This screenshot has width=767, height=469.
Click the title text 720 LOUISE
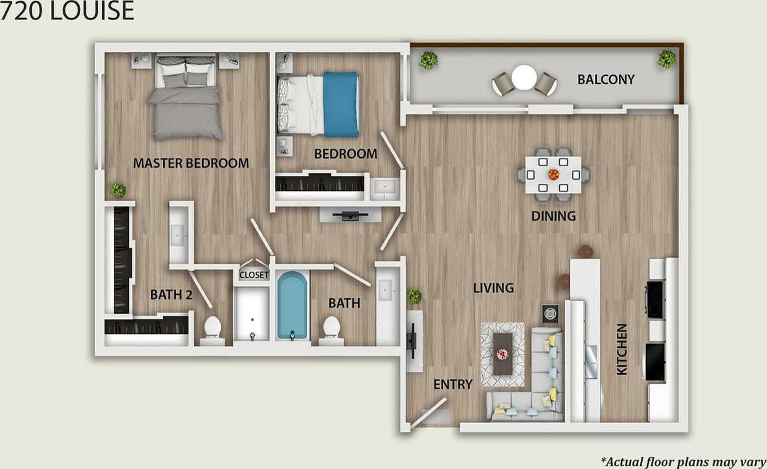67,11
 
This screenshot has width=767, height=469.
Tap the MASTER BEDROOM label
191,163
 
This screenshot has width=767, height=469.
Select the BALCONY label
606,80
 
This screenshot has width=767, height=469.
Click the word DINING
553,216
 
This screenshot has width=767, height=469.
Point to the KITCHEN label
621,349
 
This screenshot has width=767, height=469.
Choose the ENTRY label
453,384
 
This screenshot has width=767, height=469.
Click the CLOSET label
254,275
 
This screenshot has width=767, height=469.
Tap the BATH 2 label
172,295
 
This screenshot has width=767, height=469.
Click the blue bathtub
293,305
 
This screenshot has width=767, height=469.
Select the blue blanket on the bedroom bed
341,104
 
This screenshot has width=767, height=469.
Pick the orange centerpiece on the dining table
553,174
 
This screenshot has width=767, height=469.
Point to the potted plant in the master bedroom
118,190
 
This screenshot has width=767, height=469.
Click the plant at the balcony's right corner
666,60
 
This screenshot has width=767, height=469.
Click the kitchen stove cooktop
654,299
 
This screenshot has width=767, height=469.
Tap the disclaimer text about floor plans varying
684,461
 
